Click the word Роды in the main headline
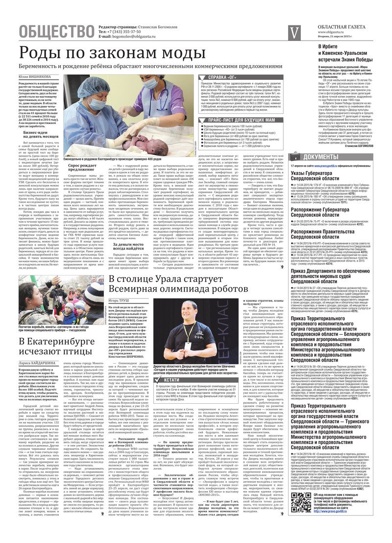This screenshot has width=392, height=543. [x=45, y=53]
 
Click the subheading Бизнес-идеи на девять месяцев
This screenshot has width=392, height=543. [x=42, y=135]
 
